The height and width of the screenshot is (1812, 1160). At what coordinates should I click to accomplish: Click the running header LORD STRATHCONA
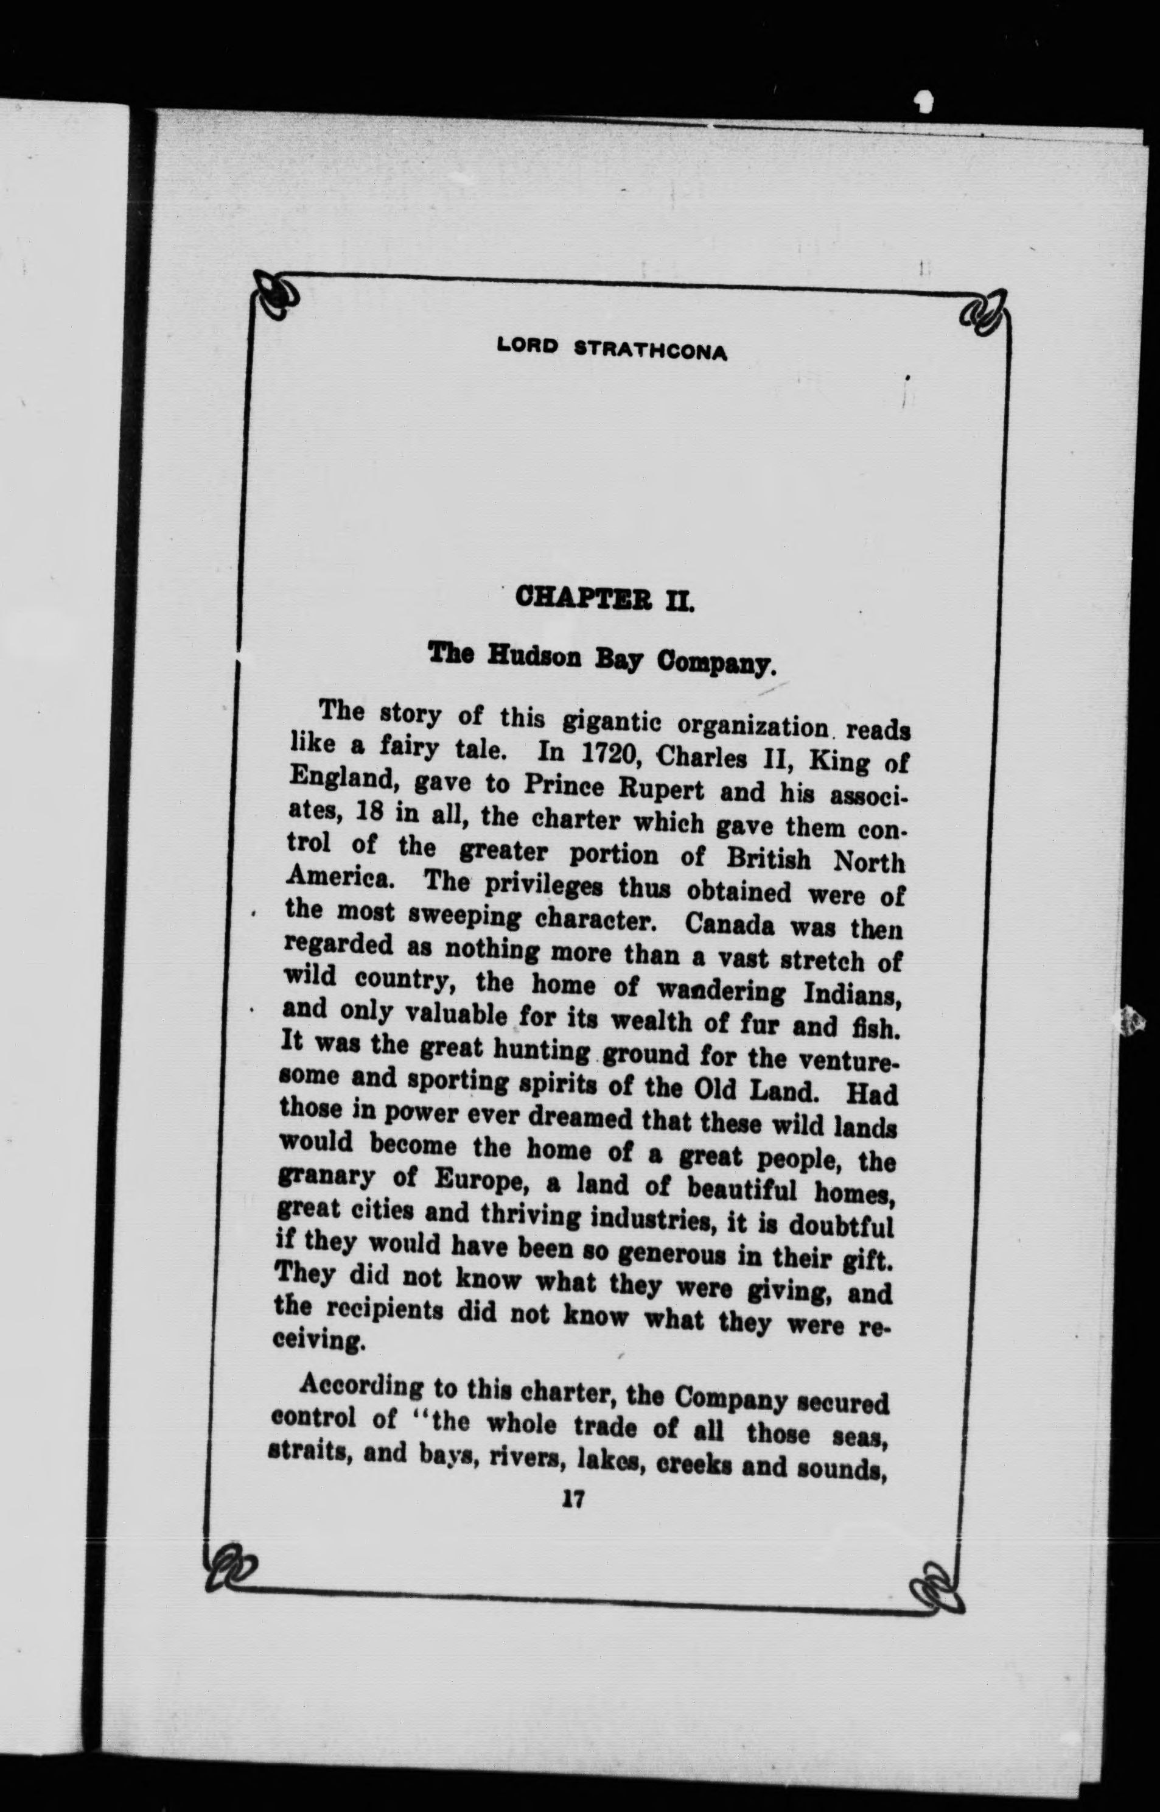coord(612,349)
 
